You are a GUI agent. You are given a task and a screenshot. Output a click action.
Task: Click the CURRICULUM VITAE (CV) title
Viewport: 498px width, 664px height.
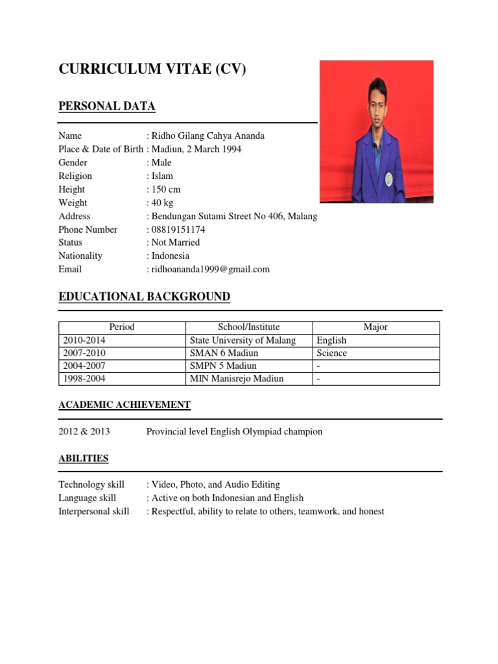[152, 69]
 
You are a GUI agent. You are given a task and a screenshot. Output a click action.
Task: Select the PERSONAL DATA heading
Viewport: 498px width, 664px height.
[107, 106]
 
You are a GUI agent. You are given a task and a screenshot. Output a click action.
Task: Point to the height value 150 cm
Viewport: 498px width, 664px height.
[166, 189]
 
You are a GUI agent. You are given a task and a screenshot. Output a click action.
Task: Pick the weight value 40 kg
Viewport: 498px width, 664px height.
[163, 203]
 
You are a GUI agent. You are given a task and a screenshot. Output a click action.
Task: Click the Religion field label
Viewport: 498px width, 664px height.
[75, 176]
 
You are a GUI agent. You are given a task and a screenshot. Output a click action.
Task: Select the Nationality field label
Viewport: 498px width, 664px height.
[80, 255]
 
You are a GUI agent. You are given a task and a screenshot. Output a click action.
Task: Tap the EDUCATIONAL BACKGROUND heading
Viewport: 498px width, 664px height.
[144, 297]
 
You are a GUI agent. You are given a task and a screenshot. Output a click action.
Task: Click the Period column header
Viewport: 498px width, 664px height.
[122, 327]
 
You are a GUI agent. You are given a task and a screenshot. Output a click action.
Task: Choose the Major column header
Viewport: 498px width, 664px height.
[375, 327]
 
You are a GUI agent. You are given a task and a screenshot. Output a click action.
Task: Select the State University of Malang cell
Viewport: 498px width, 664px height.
[243, 340]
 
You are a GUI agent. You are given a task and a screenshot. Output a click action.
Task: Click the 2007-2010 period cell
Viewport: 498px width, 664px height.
[84, 353]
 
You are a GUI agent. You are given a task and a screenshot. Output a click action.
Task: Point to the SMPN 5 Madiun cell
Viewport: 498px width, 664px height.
[224, 366]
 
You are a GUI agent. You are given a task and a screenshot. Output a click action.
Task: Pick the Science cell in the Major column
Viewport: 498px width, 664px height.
[332, 353]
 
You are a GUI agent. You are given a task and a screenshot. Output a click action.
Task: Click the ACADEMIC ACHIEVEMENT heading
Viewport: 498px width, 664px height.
[124, 405]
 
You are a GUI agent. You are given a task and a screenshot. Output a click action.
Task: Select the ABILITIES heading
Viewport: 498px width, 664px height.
[84, 458]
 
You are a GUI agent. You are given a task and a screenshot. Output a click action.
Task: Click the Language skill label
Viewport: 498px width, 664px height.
[88, 498]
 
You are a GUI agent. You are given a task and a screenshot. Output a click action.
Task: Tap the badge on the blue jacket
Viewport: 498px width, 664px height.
[388, 178]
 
